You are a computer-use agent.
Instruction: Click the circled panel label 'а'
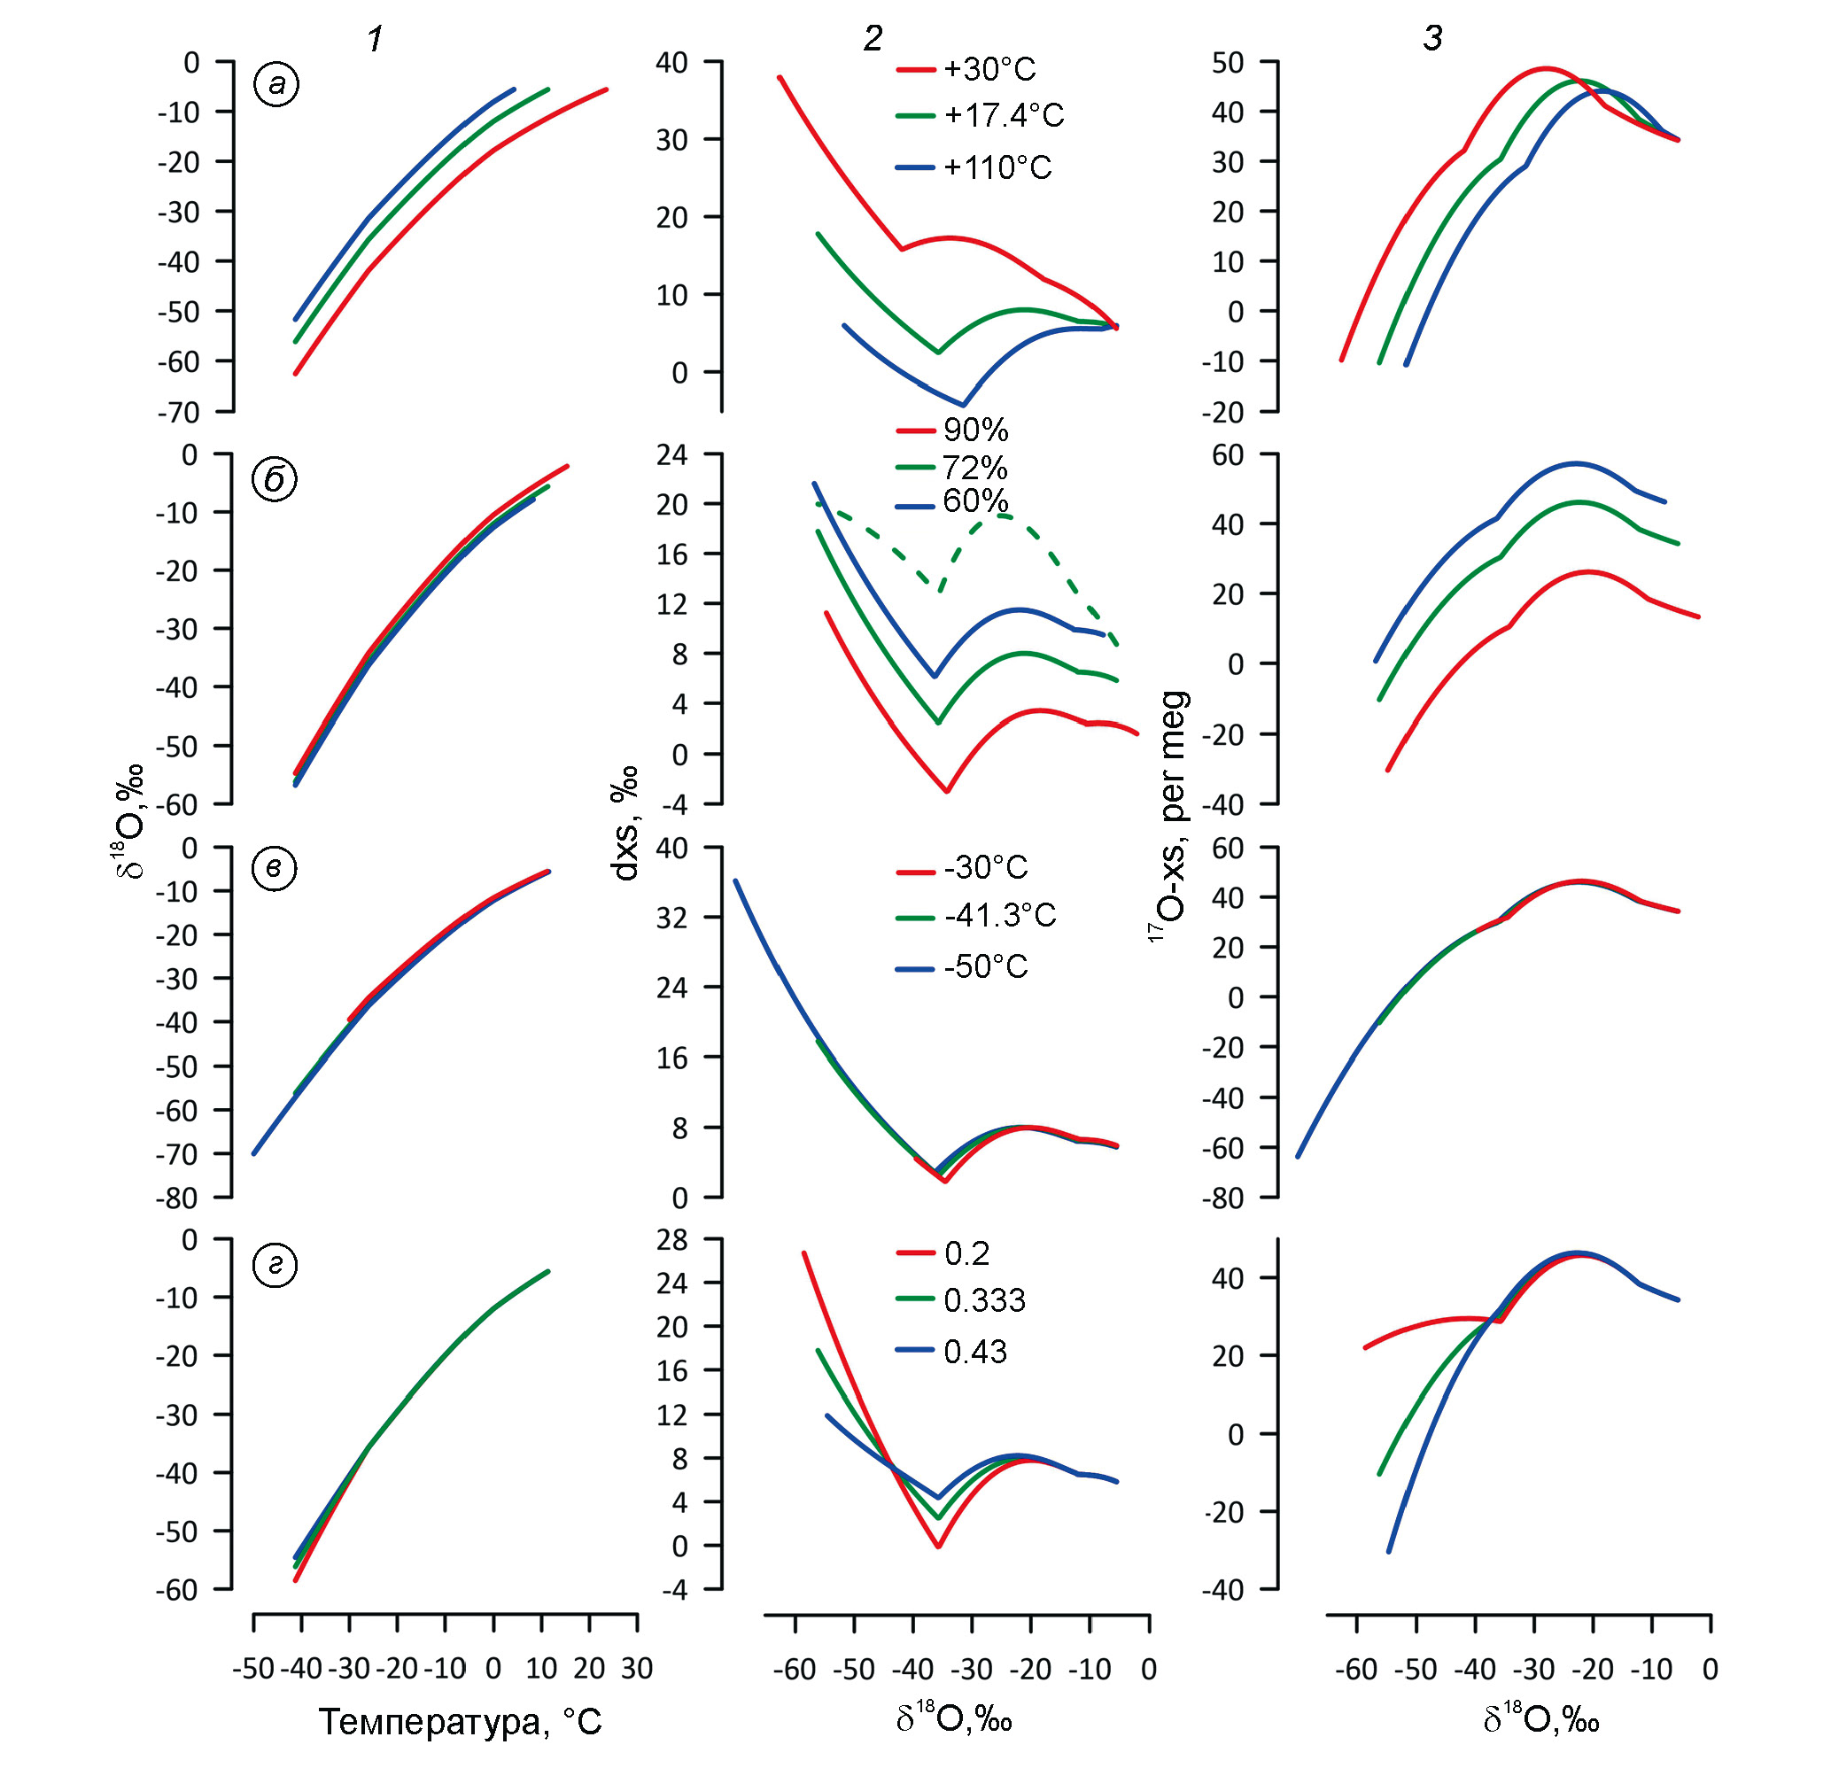[x=275, y=85]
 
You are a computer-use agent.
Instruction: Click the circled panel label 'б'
[x=275, y=480]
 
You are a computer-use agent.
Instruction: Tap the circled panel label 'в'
[x=274, y=869]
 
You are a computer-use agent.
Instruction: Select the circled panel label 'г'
[x=275, y=1265]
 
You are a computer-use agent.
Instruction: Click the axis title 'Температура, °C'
[x=460, y=1721]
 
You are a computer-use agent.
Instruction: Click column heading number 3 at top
[x=1433, y=37]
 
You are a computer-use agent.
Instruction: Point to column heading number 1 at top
[x=375, y=38]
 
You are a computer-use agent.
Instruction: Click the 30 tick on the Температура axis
[x=636, y=1668]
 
